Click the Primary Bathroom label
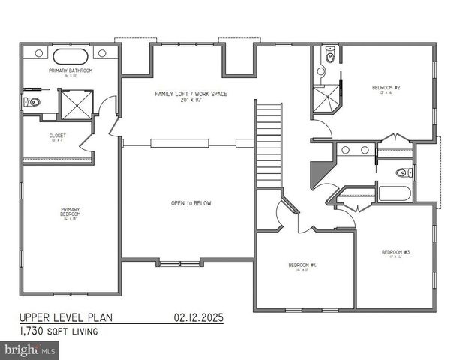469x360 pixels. (x=71, y=70)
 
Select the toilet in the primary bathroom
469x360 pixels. (x=32, y=101)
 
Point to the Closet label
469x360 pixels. (x=57, y=136)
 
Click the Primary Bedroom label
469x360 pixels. (x=71, y=211)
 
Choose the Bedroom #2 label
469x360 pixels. (x=386, y=89)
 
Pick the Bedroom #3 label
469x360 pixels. (x=395, y=252)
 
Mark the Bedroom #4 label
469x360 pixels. (x=303, y=265)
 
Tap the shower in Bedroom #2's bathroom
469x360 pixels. (x=327, y=100)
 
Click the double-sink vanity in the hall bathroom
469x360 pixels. (x=354, y=150)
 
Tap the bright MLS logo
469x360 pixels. (x=30, y=349)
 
